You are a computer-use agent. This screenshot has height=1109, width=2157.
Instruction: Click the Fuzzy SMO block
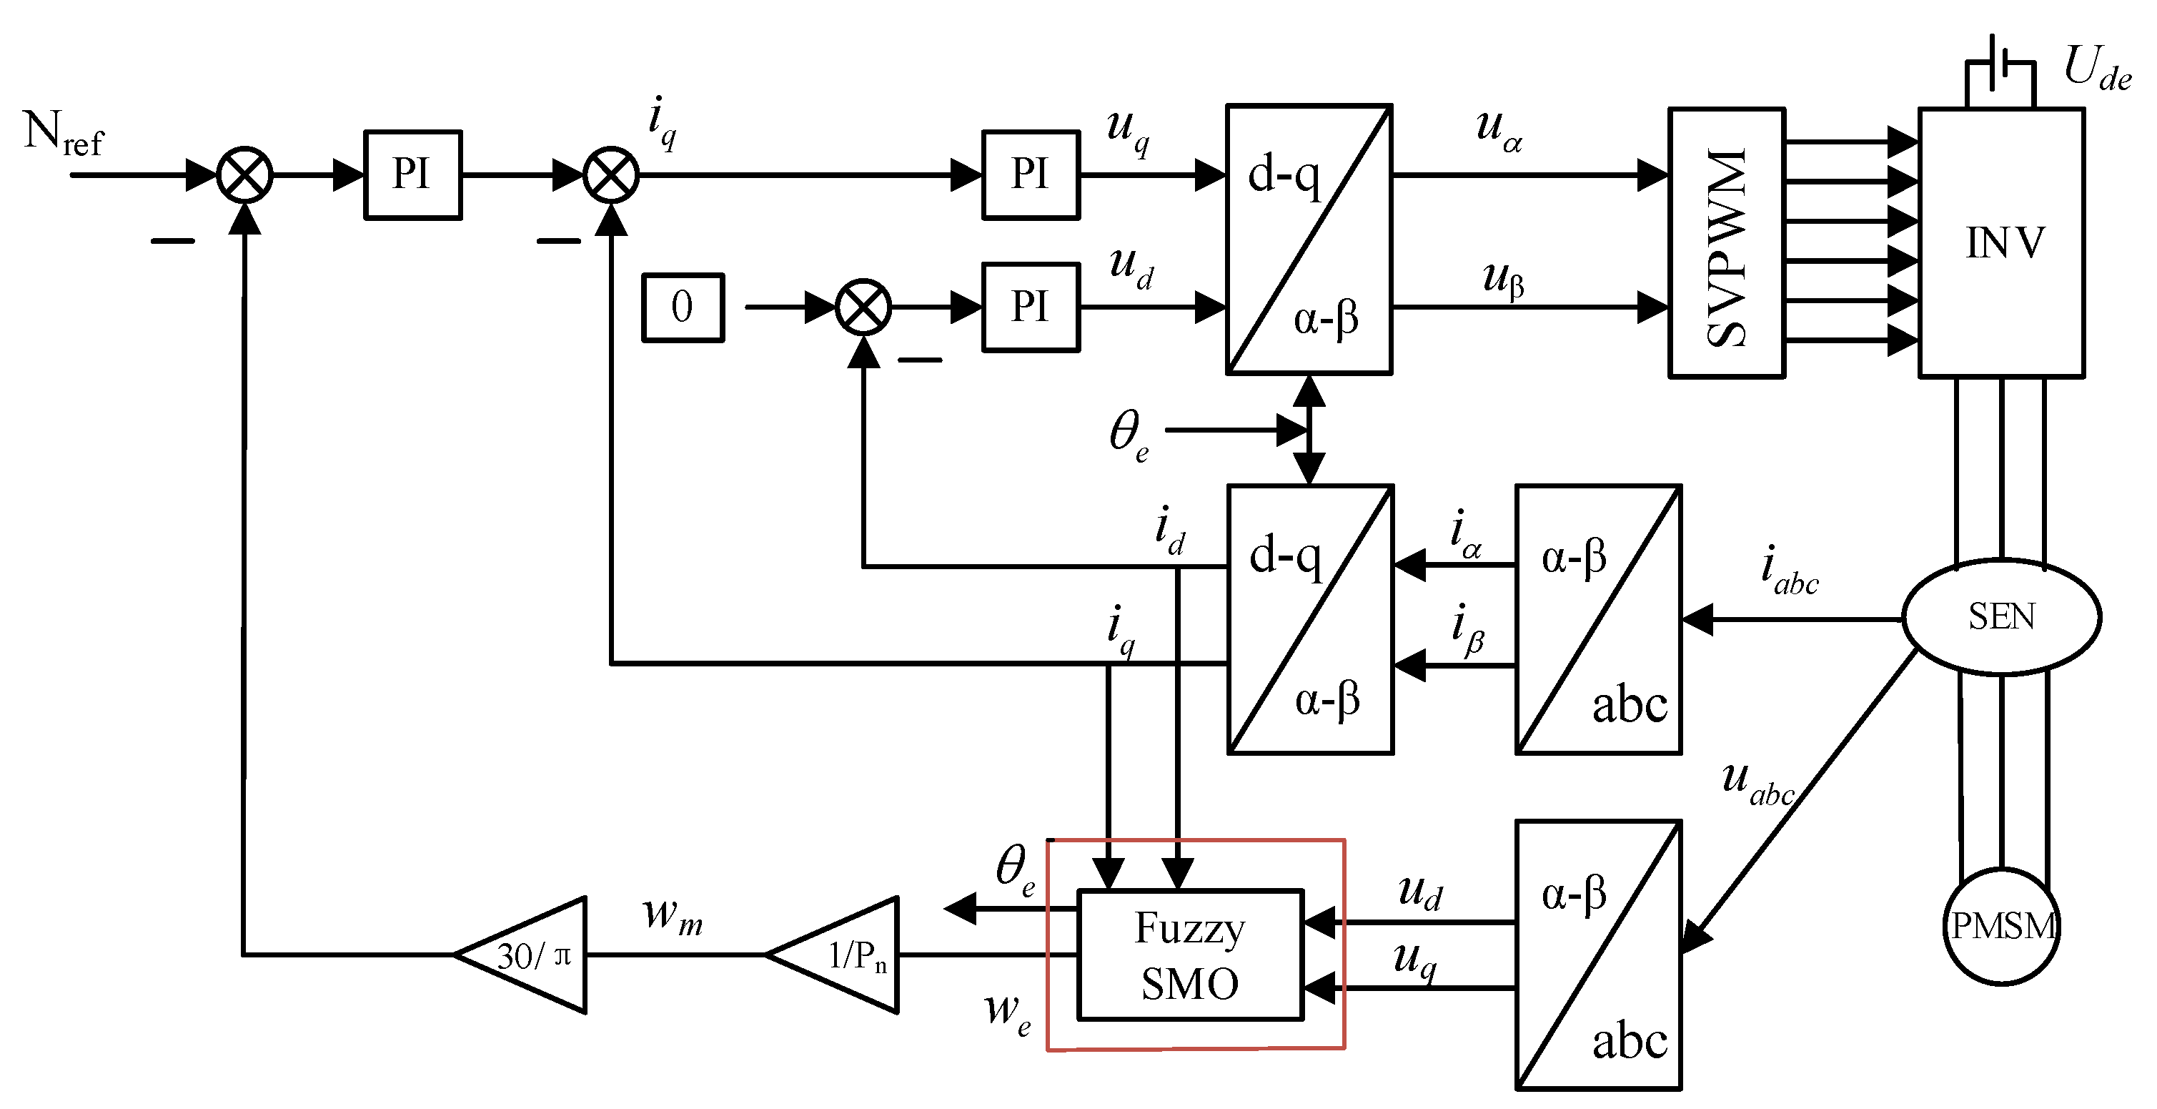(x=1190, y=955)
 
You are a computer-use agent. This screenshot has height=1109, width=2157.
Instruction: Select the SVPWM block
(x=1727, y=243)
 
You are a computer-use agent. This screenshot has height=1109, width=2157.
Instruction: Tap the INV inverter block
(x=2001, y=243)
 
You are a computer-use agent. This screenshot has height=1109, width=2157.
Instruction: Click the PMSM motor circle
(x=2001, y=927)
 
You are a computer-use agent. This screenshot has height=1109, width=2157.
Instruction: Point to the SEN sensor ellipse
(x=2001, y=617)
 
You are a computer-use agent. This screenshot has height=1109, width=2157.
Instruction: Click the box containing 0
(x=683, y=307)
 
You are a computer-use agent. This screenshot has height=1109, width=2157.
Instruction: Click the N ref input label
(x=64, y=134)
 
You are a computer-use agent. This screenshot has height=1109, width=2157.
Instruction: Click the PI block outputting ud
(x=1030, y=307)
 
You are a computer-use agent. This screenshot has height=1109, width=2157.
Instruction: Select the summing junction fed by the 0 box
(x=863, y=307)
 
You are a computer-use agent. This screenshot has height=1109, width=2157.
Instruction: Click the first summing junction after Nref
(x=244, y=175)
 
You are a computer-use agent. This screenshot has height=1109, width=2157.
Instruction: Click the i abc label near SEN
(x=1789, y=571)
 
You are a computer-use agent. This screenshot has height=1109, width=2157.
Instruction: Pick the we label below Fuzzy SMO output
(x=1006, y=1013)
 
